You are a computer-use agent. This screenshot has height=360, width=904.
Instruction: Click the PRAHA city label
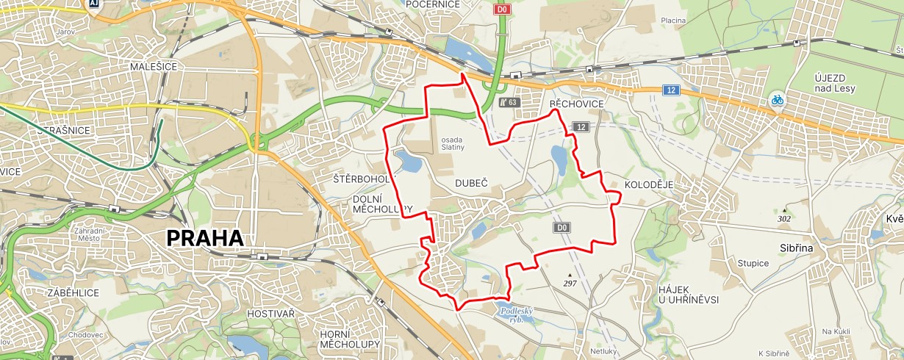pyautogui.click(x=204, y=238)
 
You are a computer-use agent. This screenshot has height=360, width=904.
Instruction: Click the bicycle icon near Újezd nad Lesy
pyautogui.click(x=777, y=99)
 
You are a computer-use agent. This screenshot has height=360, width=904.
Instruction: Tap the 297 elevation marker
pyautogui.click(x=570, y=280)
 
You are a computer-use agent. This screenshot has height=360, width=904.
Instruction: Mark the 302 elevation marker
pyautogui.click(x=784, y=215)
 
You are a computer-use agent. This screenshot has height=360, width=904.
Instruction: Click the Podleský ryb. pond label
pyautogui.click(x=516, y=314)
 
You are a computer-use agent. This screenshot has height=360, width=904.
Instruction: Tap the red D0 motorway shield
pyautogui.click(x=502, y=10)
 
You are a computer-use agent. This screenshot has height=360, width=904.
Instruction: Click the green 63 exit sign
pyautogui.click(x=509, y=103)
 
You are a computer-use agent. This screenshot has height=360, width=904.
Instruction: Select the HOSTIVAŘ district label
pyautogui.click(x=271, y=314)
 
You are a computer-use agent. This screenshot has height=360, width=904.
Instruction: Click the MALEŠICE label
pyautogui.click(x=151, y=66)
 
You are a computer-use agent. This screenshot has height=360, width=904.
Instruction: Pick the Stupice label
pyautogui.click(x=753, y=263)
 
